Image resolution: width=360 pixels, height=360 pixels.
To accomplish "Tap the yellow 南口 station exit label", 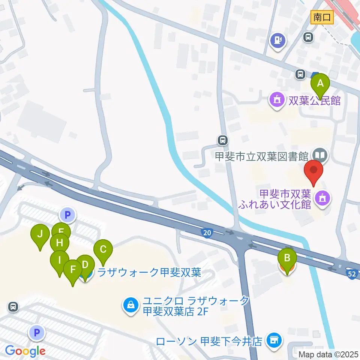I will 322,17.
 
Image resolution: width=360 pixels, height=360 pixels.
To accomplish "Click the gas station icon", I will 278,39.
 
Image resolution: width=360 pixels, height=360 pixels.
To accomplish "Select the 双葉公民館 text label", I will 314,100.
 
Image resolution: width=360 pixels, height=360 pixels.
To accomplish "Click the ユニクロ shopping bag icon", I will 130,305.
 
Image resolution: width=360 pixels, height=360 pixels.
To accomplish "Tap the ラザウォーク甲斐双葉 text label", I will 149,272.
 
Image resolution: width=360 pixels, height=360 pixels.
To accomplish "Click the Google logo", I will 25,351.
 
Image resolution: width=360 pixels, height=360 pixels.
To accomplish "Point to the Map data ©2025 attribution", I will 329,354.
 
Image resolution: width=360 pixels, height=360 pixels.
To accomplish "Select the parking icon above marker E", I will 67,215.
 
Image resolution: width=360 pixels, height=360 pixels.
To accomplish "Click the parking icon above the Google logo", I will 37,332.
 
